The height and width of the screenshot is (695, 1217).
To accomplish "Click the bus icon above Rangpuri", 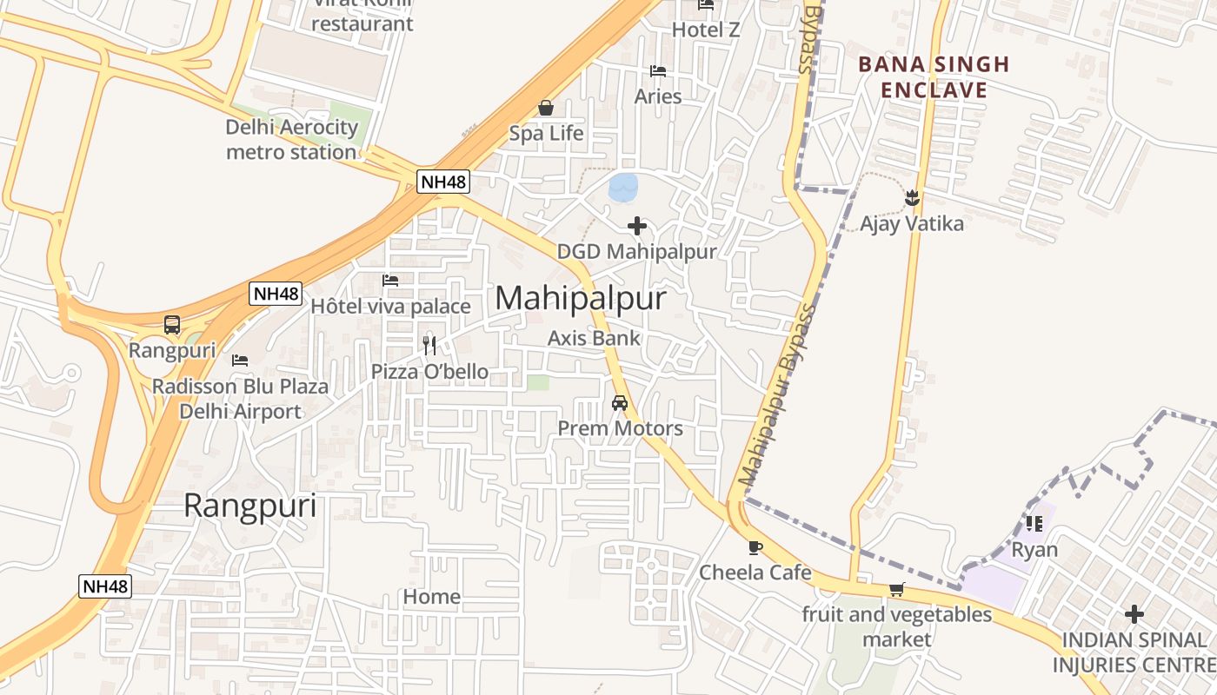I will (172, 325).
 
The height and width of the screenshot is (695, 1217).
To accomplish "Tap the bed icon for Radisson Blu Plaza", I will (240, 360).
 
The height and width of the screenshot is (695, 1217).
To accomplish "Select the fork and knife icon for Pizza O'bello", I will (429, 346).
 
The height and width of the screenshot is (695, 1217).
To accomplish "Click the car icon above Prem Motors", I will (620, 403).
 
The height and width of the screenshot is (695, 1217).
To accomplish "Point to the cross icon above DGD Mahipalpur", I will (637, 226).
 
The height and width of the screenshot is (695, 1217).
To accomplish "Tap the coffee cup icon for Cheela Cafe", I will (755, 547).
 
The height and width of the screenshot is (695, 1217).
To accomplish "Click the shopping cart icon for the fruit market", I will (897, 589).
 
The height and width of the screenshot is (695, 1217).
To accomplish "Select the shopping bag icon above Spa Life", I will (546, 108).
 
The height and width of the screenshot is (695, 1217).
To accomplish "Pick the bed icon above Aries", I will (658, 70).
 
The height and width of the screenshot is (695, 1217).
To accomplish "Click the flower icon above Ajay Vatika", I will (912, 198).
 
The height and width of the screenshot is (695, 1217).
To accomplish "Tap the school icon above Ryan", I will (1034, 523).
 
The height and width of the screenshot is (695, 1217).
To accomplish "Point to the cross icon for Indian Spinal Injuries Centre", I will (1134, 614).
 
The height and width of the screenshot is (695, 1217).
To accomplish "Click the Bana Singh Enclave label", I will (934, 76).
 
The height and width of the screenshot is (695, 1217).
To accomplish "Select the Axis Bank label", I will (594, 338).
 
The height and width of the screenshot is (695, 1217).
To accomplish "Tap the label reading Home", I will (431, 597).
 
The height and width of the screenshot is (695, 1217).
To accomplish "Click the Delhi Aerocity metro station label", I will (291, 139).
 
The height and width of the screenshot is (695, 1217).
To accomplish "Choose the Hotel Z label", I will (706, 30).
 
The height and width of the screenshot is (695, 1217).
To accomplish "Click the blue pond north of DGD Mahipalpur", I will (622, 187).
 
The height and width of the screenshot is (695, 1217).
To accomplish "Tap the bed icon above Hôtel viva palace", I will (390, 281).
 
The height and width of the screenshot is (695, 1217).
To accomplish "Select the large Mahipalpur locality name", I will (581, 298).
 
